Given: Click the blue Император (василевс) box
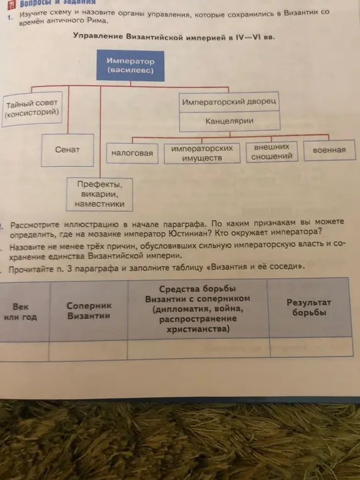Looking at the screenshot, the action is click(130, 65).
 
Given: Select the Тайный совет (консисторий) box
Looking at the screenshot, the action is click(32, 109).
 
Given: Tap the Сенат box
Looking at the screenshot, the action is click(67, 150).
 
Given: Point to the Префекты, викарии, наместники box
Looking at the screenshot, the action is click(99, 194).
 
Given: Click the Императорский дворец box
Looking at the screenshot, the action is click(229, 102).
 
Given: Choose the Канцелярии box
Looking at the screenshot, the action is click(230, 121).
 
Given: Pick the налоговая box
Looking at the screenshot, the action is click(132, 153).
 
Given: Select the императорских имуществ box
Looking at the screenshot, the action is click(202, 153).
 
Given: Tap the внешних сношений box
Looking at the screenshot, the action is click(272, 152).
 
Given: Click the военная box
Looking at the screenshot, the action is click(329, 150).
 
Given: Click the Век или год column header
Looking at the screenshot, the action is click(21, 311).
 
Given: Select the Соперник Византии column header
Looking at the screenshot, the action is click(89, 310).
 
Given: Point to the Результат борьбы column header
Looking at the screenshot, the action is click(309, 308).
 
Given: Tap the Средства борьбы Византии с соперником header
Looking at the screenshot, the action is click(198, 309).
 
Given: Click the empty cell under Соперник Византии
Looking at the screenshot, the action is click(88, 350).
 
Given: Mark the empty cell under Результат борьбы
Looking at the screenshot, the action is click(312, 347).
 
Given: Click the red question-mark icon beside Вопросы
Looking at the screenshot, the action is click(11, 4).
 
